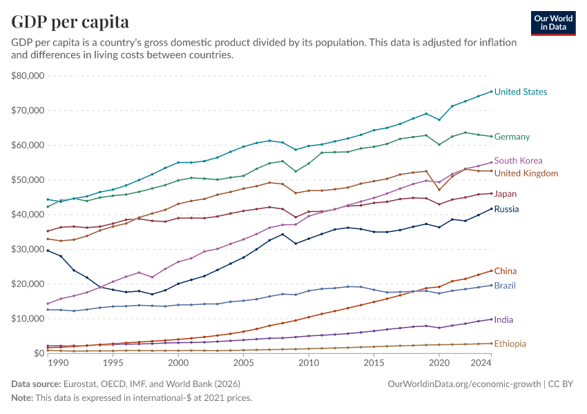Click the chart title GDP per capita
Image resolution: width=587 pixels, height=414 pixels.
[x=70, y=22]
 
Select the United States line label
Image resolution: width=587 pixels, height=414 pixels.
[x=521, y=92]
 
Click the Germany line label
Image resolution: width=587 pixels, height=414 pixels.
[x=512, y=137]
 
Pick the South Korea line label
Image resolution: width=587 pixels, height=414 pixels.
[x=519, y=161]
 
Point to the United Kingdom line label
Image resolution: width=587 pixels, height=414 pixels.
[x=526, y=173]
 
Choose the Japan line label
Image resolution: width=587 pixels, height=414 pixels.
[x=506, y=194]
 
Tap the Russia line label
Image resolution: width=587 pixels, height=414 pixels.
[x=507, y=209]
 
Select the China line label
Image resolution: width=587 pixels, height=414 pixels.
[x=506, y=271]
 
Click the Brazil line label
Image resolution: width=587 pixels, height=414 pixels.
[x=505, y=286]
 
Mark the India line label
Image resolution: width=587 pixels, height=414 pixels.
[x=504, y=320]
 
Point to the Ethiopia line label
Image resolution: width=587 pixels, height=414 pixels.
[x=510, y=344]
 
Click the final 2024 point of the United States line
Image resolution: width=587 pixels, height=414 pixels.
[x=491, y=91]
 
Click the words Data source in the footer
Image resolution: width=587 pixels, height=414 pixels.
[x=36, y=383]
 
